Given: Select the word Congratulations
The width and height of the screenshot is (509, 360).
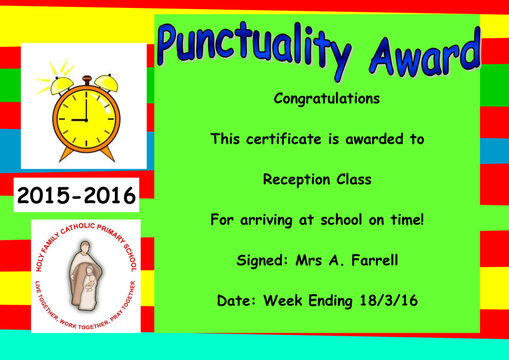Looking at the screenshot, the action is click(326, 98).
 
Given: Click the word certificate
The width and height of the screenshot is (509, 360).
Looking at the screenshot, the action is click(284, 139).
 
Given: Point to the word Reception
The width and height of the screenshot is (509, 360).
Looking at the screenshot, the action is click(296, 179).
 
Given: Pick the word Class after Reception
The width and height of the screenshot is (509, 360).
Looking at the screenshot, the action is click(354, 179).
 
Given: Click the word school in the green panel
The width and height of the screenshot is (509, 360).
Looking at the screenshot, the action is click(341, 220).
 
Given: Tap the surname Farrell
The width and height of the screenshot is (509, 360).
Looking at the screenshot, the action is click(374, 260).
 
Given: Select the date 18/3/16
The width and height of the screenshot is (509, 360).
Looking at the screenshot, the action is click(389, 301).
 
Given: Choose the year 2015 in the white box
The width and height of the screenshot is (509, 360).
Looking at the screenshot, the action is click(44, 196).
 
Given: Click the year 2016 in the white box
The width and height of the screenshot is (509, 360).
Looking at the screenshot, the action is click(109, 196).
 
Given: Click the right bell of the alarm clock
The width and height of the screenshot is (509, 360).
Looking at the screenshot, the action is click(106, 83).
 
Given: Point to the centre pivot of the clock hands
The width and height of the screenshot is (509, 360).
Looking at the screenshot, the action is click(87, 120).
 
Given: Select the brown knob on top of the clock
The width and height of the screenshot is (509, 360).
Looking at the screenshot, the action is click(87, 79).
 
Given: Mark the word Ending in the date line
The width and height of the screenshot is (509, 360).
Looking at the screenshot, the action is click(330, 301).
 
